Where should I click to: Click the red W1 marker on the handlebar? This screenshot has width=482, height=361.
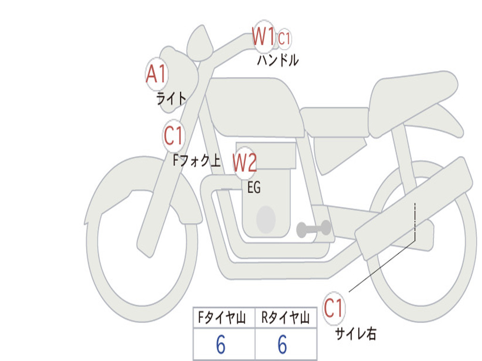264,37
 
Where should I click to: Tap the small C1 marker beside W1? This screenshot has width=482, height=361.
284,39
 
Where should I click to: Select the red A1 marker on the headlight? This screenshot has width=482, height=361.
156,74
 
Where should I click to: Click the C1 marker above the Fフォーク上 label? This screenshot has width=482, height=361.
173,135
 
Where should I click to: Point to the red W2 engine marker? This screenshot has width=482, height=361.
245,163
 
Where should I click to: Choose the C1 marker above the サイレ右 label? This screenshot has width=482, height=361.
333,308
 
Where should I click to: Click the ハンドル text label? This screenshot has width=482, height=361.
278,60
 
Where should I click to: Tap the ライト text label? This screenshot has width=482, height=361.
171,99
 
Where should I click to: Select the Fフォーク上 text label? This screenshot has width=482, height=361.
197,160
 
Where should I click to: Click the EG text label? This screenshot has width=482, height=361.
254,187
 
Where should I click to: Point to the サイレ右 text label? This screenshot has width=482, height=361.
356,334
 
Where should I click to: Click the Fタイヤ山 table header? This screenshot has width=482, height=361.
222,317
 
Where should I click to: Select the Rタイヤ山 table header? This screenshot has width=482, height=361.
285,317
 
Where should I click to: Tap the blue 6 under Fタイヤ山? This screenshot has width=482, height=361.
221,345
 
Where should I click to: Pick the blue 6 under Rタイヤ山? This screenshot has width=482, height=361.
282,345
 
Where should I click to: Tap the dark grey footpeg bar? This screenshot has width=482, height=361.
313,229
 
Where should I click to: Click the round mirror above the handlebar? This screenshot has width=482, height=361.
200,43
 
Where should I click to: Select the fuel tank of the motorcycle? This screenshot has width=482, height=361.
255,107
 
